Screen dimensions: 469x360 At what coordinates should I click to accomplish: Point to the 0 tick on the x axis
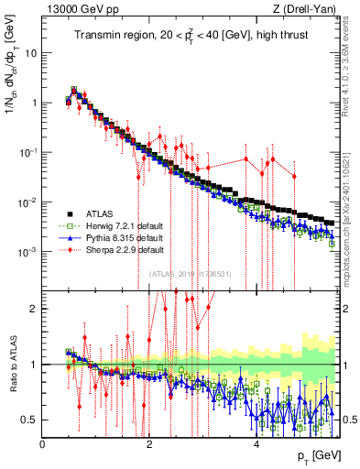point(42,442)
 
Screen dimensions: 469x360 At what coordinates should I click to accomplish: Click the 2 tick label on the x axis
point(149,442)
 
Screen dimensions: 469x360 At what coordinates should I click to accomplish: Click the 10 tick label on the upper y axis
point(28,52)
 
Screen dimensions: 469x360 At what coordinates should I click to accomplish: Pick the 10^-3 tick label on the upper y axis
point(27,251)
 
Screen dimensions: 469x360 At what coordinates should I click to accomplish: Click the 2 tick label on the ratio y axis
point(35,309)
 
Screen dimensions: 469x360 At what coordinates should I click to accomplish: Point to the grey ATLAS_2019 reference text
point(191,273)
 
